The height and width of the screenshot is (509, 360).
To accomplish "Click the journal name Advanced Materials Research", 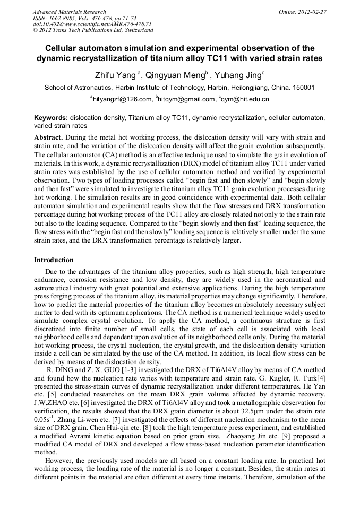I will click(69, 12).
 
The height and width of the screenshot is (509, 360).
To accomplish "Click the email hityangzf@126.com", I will click(123, 99).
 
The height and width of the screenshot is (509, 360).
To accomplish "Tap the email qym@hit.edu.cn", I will click(245, 99).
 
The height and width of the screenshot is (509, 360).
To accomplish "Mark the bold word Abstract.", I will click(48, 137).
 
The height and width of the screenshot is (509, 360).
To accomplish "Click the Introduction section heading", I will click(54, 260).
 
